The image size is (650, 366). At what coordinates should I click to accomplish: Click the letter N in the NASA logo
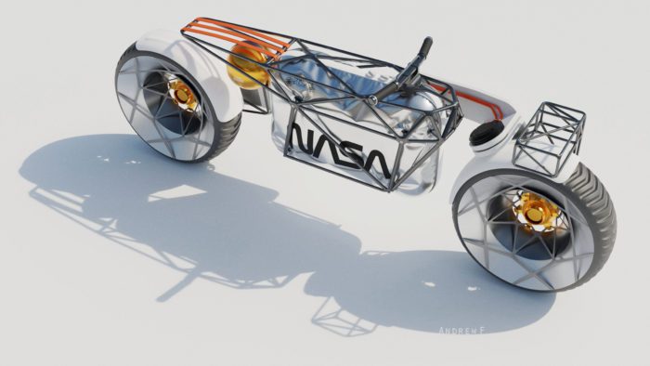[303, 141]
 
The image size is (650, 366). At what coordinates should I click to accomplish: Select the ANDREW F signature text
[464, 330]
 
